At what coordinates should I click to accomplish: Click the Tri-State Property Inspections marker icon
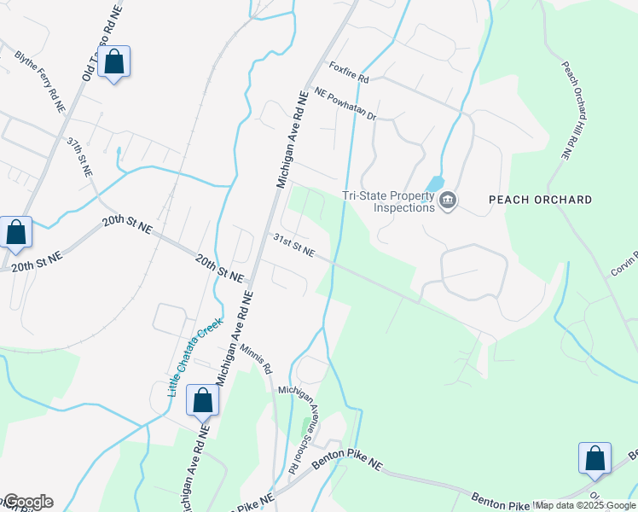448,201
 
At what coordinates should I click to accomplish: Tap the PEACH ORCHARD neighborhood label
540,200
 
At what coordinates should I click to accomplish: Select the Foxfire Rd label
349,73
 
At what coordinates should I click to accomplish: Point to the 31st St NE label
293,247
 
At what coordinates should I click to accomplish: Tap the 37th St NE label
80,157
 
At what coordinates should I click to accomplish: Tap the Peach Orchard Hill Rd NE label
577,110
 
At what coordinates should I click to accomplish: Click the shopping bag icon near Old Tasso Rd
114,62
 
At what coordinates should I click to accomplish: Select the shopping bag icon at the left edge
15,233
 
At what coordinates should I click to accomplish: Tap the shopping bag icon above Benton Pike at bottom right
594,458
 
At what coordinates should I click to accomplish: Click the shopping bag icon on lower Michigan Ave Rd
203,400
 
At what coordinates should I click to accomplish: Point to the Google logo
27,502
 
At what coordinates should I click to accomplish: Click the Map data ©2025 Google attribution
585,505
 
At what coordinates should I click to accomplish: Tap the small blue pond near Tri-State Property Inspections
435,183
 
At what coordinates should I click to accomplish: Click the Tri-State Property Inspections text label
388,201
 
